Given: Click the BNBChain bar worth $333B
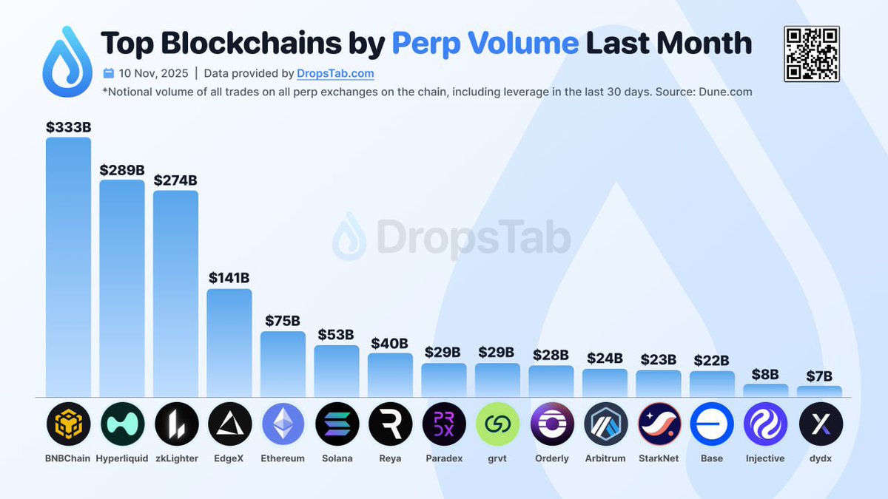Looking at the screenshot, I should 68,266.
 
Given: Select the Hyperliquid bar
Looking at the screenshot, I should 122,288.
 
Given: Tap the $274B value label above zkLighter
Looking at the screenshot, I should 175,180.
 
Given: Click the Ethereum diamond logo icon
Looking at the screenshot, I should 283,424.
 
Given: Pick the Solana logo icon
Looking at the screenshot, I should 337,424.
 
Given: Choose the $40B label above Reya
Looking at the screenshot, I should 390,343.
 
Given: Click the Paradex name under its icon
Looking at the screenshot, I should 444,458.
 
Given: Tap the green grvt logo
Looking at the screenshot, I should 497,424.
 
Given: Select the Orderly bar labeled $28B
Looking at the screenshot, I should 551,381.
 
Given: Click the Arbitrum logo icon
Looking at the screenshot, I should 605,424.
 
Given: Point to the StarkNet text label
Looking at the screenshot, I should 659,458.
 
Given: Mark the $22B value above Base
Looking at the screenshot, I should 712,361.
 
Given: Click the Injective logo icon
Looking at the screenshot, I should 765,424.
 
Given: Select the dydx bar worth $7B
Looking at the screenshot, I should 819,391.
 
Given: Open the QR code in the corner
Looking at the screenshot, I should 812,53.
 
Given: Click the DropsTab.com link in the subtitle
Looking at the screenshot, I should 335,73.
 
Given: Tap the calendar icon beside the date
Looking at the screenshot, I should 109,73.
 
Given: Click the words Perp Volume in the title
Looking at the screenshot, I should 485,43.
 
